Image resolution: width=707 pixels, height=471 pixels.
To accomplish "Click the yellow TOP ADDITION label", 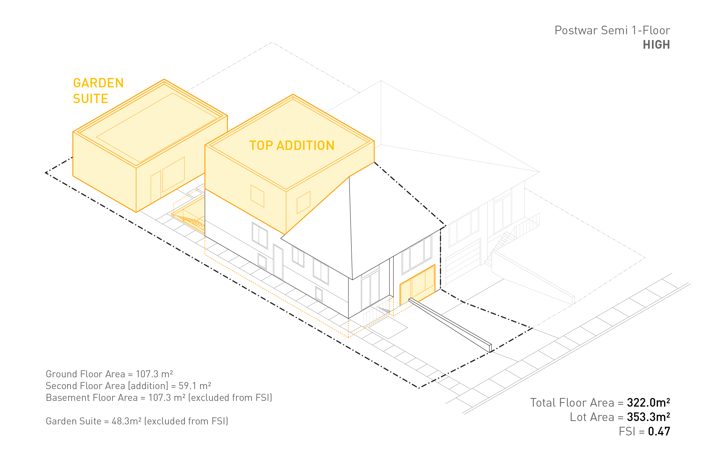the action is pyautogui.click(x=292, y=145).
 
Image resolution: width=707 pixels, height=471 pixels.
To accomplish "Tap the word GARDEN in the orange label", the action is pyautogui.click(x=98, y=83).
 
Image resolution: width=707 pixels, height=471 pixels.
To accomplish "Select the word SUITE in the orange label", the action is pyautogui.click(x=91, y=99).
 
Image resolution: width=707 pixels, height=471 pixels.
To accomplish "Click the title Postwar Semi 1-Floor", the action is pyautogui.click(x=612, y=30).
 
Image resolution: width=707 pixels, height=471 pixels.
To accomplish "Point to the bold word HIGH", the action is pyautogui.click(x=656, y=45).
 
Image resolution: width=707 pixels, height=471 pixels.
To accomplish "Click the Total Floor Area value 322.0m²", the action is pyautogui.click(x=648, y=402).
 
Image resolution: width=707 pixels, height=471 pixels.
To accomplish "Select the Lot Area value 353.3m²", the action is pyautogui.click(x=648, y=417).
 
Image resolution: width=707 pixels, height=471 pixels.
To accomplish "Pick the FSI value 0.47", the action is pyautogui.click(x=659, y=431).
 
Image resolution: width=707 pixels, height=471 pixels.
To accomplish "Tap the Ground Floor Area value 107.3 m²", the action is pyautogui.click(x=154, y=374).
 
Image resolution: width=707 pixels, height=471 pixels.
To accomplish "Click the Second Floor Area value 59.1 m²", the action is pyautogui.click(x=195, y=386).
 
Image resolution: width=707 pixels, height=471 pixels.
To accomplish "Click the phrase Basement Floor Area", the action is pyautogui.click(x=91, y=398).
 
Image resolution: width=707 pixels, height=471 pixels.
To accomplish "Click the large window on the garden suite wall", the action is pyautogui.click(x=173, y=174).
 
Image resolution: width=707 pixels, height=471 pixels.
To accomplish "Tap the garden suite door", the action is pyautogui.click(x=156, y=187).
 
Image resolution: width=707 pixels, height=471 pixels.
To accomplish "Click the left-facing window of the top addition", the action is pyautogui.click(x=257, y=196).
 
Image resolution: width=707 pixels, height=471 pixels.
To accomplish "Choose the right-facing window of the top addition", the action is pyautogui.click(x=303, y=202).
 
